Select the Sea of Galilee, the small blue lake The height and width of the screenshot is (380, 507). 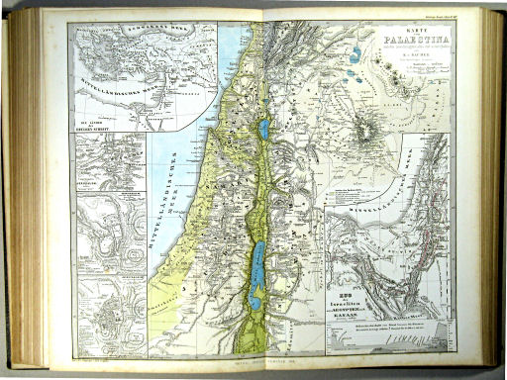pyautogui.click(x=263, y=129)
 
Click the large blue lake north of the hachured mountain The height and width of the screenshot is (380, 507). pyautogui.click(x=355, y=53)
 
